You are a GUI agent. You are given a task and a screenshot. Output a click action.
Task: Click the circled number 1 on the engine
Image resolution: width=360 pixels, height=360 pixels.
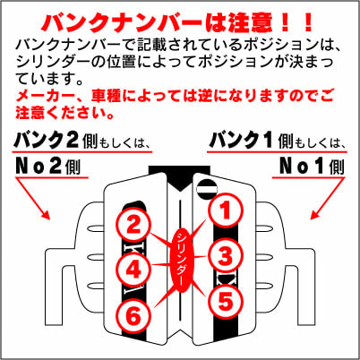225,210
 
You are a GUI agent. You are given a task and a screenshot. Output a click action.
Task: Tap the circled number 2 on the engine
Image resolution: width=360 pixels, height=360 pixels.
133,226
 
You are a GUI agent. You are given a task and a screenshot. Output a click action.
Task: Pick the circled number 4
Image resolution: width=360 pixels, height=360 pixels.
133,269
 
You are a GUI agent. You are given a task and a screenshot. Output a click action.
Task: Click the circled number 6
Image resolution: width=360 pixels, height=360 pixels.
133,313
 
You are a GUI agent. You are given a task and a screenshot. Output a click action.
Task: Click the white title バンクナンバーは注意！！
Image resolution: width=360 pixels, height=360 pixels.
179,20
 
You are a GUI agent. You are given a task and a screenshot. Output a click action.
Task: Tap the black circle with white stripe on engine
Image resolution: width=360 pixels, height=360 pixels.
208,186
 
